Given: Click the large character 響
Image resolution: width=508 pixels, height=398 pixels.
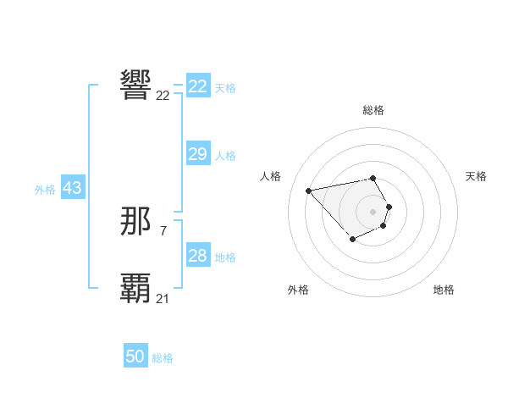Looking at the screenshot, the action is (136, 85).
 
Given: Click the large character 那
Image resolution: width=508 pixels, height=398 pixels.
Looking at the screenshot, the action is (136, 221).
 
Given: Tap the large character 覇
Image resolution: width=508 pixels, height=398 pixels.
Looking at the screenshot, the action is (136, 288).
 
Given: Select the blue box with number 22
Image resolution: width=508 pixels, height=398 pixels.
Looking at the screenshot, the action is (198, 86).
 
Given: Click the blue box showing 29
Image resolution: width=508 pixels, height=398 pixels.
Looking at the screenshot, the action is (198, 154).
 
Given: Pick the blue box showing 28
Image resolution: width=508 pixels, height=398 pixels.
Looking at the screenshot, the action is (198, 256).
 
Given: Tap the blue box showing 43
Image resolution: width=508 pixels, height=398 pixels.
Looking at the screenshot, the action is (72, 188).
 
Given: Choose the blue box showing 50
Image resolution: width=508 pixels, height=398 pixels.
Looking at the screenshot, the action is (135, 357).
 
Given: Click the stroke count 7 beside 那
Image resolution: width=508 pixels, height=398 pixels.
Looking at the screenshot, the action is (163, 230).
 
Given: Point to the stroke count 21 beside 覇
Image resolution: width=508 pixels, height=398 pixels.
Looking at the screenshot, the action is (163, 298).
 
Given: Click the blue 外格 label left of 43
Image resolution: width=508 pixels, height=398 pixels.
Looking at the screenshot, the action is (45, 190).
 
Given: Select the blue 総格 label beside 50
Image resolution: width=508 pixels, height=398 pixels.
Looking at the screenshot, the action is (163, 358).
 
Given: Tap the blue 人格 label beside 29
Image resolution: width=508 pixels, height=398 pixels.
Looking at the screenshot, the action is (225, 156).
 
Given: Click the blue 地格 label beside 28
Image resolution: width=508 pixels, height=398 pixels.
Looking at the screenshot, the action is (225, 257).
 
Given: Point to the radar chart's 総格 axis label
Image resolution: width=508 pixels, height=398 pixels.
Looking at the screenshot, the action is (373, 110).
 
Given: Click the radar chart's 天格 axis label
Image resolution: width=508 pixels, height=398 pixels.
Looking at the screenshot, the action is (476, 176).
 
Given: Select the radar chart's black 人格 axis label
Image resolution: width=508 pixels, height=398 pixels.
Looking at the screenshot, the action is (270, 176).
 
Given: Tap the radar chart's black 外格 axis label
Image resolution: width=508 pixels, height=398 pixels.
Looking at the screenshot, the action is (298, 290).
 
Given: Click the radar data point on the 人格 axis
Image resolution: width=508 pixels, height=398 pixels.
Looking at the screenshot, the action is (309, 190).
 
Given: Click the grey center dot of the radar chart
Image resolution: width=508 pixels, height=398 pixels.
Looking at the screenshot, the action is (373, 211).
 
